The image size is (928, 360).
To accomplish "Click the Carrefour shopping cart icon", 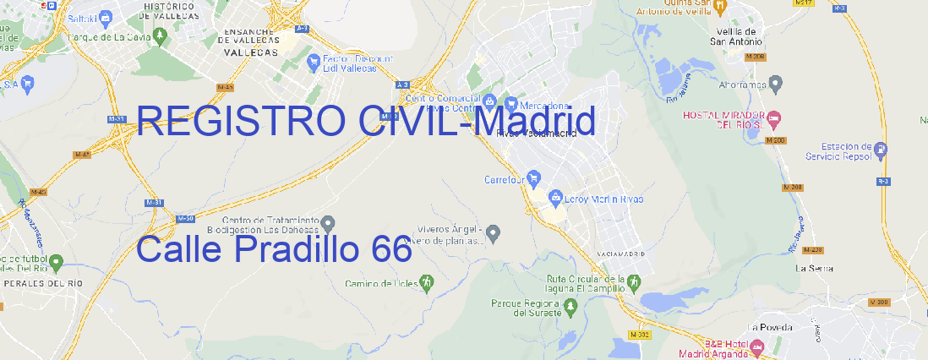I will click(535, 179).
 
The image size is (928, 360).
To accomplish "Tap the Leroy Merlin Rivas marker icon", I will click(555, 198).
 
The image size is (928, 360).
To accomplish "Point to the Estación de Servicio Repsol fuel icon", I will click(882, 150).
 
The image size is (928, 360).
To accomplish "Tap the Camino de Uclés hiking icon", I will click(426, 282).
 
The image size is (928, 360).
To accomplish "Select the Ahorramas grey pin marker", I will click(776, 83).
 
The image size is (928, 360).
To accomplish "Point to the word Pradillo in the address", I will click(298, 250).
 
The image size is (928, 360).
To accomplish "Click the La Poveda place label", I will click(769, 327).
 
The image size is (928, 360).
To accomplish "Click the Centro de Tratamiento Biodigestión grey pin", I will click(328, 223).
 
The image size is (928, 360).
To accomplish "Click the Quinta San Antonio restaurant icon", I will click(720, 7).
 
